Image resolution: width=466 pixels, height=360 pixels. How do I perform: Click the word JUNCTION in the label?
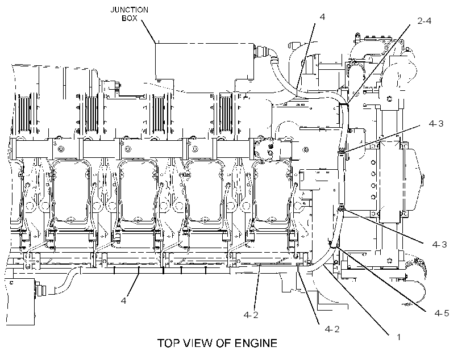(x=129, y=10)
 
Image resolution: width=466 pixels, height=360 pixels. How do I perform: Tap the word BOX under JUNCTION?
(x=129, y=18)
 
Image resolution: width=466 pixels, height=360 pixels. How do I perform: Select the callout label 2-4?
(x=424, y=21)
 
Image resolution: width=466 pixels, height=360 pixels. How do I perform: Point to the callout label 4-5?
(x=442, y=313)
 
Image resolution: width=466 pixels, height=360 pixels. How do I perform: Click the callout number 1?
(x=399, y=337)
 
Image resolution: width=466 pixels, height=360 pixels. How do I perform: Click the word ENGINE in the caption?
(x=256, y=343)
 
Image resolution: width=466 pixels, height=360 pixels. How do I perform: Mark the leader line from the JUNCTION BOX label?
(x=148, y=31)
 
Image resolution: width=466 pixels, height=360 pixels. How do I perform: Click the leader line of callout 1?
(x=357, y=300)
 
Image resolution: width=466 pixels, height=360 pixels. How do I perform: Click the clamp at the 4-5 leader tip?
(x=332, y=244)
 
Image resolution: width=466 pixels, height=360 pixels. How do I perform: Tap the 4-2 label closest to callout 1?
(x=332, y=329)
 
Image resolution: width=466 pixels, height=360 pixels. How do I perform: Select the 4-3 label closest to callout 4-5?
(x=439, y=245)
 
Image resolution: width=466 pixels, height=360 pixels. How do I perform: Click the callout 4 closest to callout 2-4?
(x=322, y=16)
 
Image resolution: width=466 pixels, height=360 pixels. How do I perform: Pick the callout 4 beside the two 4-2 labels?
(x=123, y=300)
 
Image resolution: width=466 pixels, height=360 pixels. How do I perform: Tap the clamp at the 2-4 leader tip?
(x=344, y=103)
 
